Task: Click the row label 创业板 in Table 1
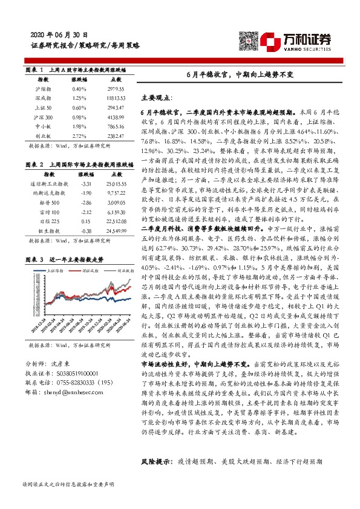tap(43, 154)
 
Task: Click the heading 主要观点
tap(157, 97)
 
